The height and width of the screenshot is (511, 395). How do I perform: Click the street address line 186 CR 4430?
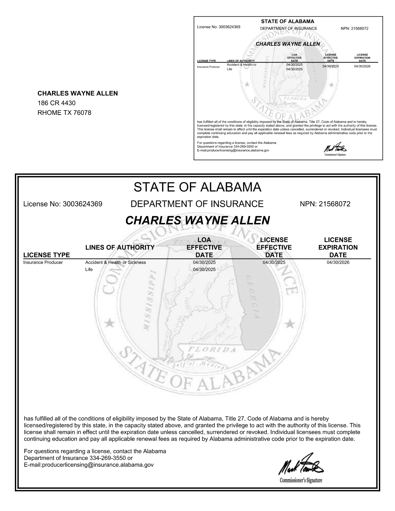point(56,103)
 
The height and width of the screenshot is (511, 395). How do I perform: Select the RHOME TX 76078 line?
point(64,113)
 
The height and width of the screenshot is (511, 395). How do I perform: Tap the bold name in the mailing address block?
point(77,93)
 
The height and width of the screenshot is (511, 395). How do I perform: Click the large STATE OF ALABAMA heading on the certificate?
point(197,187)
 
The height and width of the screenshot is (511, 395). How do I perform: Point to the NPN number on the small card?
point(354,28)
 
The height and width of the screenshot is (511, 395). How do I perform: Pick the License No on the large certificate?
point(63,204)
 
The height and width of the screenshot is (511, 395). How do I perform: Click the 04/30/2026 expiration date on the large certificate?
point(338,262)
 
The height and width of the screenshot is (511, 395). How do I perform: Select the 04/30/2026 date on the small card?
point(362,66)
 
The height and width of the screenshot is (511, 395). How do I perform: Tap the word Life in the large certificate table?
point(89,269)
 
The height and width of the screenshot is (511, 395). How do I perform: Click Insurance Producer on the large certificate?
point(43,262)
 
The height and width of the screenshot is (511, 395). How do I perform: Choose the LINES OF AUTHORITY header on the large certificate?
point(120,247)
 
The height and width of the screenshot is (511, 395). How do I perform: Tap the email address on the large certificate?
point(89,465)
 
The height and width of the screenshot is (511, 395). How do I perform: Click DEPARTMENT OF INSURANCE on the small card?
point(288,28)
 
